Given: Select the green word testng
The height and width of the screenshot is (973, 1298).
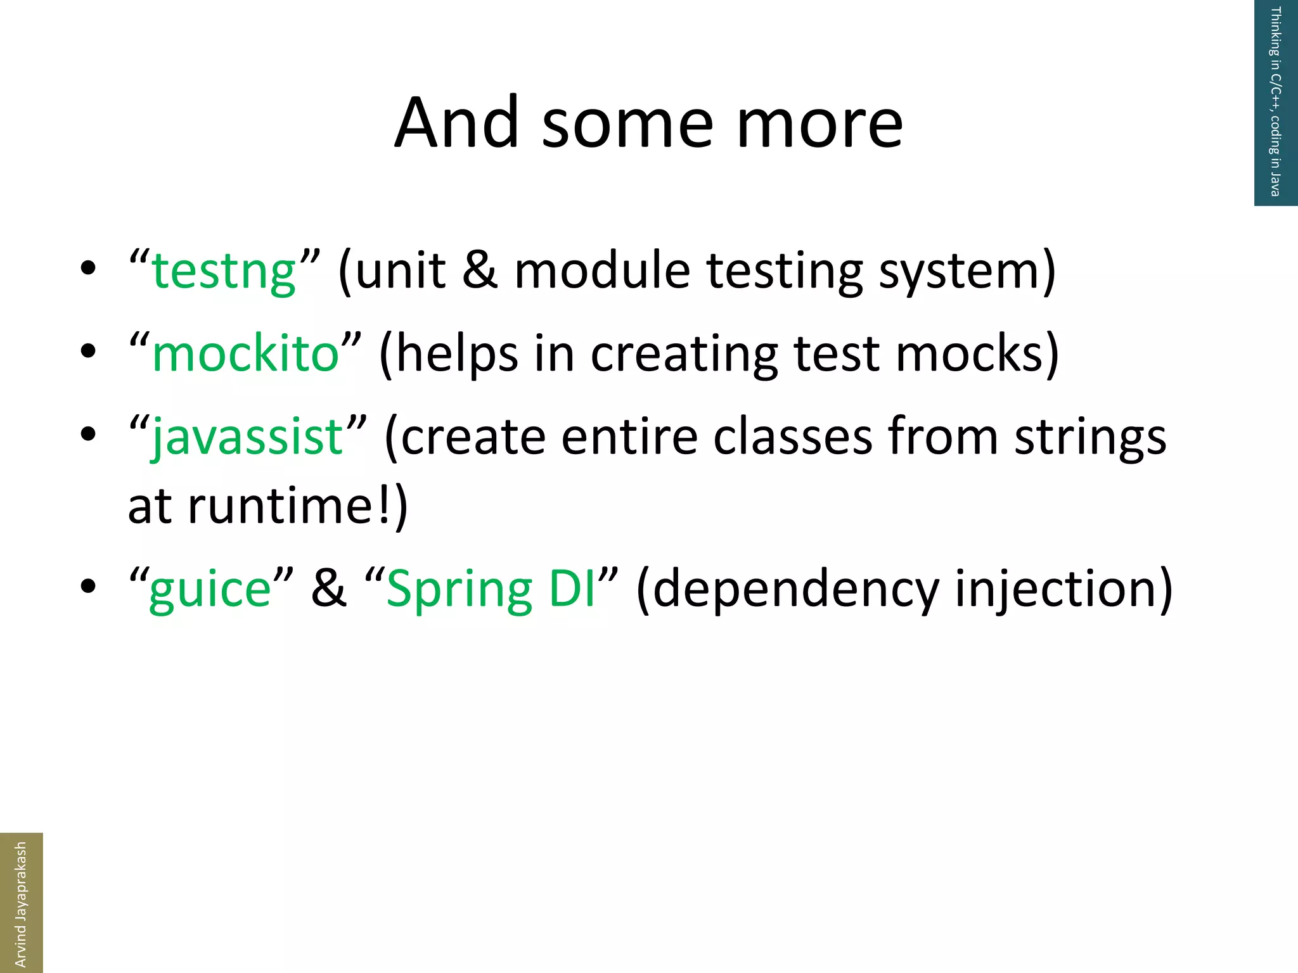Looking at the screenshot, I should point(224,271).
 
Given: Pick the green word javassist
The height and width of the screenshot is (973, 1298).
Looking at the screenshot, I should point(248,437).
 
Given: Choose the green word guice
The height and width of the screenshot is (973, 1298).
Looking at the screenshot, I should point(210,589).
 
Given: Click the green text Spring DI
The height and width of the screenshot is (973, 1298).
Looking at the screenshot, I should point(491,589).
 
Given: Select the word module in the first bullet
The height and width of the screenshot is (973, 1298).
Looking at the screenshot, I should point(601,270).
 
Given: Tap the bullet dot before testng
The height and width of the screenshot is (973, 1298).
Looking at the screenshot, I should point(88,268).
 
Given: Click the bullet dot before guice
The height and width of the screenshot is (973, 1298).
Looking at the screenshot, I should point(88,586).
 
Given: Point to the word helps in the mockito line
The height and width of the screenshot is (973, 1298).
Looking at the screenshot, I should point(458,355).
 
